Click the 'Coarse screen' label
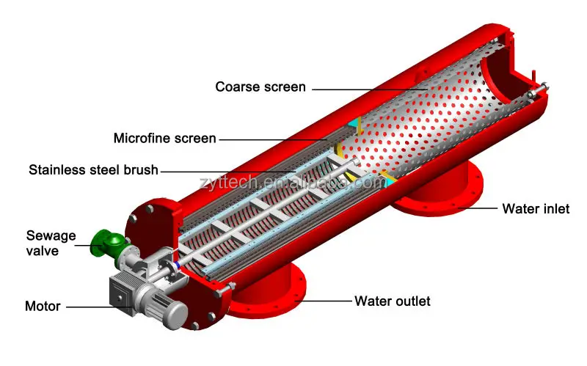[260, 87]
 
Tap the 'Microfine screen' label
[164, 138]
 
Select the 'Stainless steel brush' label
[93, 170]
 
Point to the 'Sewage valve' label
[51, 243]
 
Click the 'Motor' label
[42, 305]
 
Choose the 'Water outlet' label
[393, 301]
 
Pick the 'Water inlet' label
[536, 208]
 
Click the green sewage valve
[105, 241]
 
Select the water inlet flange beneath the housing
[440, 198]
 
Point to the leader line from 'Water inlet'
[477, 208]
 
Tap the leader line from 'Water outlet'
[327, 301]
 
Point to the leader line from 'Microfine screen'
[271, 138]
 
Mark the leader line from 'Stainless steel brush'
[235, 170]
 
